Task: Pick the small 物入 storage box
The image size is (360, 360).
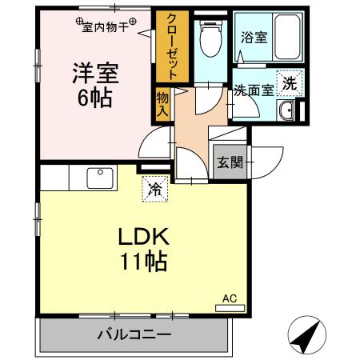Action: pyautogui.click(x=162, y=102)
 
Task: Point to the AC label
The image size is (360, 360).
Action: pyautogui.click(x=230, y=298)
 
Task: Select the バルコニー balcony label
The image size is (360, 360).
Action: pyautogui.click(x=134, y=334)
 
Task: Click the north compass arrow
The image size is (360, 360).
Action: pyautogui.click(x=306, y=337)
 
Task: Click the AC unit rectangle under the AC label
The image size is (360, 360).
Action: pyautogui.click(x=230, y=307)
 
